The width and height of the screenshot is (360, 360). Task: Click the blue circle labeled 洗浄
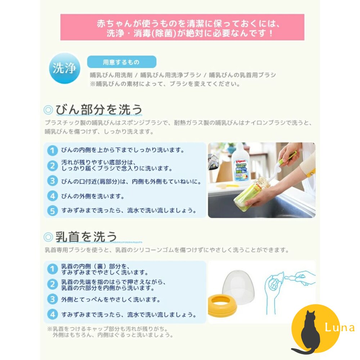64,68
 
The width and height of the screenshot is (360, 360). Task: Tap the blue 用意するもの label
121,62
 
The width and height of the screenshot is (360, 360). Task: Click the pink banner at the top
182,27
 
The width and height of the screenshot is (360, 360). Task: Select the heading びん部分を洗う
99,109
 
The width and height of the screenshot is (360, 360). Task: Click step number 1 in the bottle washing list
53,150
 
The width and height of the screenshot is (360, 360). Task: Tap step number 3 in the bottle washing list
53,181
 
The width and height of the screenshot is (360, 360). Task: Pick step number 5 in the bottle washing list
53,210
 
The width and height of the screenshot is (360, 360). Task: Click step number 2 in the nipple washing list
53,284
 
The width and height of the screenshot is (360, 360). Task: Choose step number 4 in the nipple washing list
53,314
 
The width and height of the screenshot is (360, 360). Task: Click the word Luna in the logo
339,328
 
